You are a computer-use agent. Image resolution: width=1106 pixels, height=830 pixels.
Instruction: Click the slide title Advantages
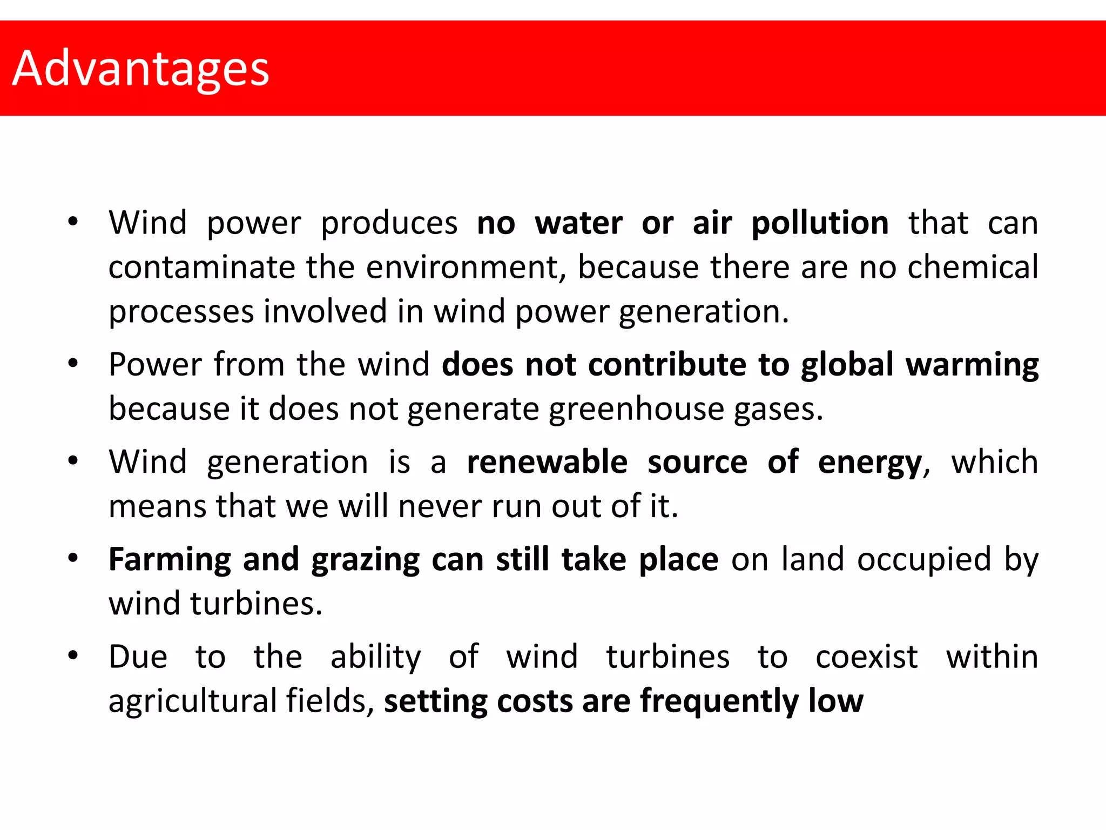point(140,69)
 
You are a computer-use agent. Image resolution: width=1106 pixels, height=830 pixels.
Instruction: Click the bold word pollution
point(820,223)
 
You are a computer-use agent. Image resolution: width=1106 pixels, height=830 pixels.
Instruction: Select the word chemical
point(973,267)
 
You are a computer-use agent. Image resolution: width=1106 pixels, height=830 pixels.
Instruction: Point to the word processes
point(181,312)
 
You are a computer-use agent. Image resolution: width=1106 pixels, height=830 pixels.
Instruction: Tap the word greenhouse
point(636,409)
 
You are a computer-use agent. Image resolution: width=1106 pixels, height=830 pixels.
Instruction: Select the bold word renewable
point(547,463)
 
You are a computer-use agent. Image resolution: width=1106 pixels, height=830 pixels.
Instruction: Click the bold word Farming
point(170,560)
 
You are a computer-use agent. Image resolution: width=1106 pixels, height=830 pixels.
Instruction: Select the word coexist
point(866,657)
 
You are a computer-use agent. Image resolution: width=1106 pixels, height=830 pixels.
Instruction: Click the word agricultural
point(192,701)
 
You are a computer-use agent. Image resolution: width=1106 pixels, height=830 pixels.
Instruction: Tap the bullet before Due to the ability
point(73,655)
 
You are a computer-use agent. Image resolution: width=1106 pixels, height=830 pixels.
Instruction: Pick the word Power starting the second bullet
point(155,365)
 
